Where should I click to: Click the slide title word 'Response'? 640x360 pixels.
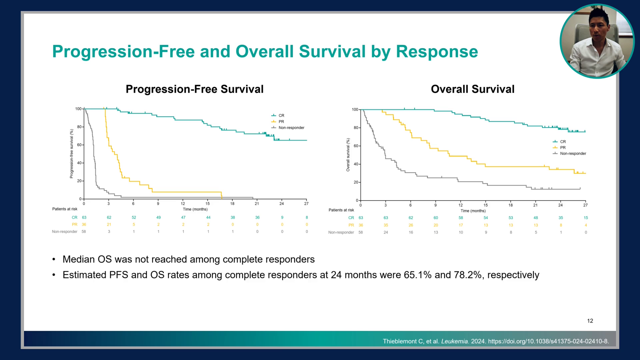click(437, 52)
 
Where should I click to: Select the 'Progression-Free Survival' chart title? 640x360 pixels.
click(195, 89)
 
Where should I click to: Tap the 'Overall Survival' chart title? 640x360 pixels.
click(473, 89)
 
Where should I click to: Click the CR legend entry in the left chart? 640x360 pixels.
click(278, 116)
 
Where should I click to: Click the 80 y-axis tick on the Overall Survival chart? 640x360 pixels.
click(356, 128)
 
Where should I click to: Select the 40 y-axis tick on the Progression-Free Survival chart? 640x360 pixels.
click(79, 163)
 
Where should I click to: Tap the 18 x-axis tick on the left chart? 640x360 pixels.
click(232, 204)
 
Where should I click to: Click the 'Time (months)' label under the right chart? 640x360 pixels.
click(473, 211)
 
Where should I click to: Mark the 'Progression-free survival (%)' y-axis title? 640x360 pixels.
click(71, 154)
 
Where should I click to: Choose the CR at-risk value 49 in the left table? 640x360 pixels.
click(159, 217)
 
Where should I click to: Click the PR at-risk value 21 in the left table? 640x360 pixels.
click(109, 224)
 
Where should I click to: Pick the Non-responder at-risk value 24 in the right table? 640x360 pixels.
click(386, 232)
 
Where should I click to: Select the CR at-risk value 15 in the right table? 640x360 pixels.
click(586, 218)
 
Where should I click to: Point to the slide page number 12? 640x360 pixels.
click(590, 321)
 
